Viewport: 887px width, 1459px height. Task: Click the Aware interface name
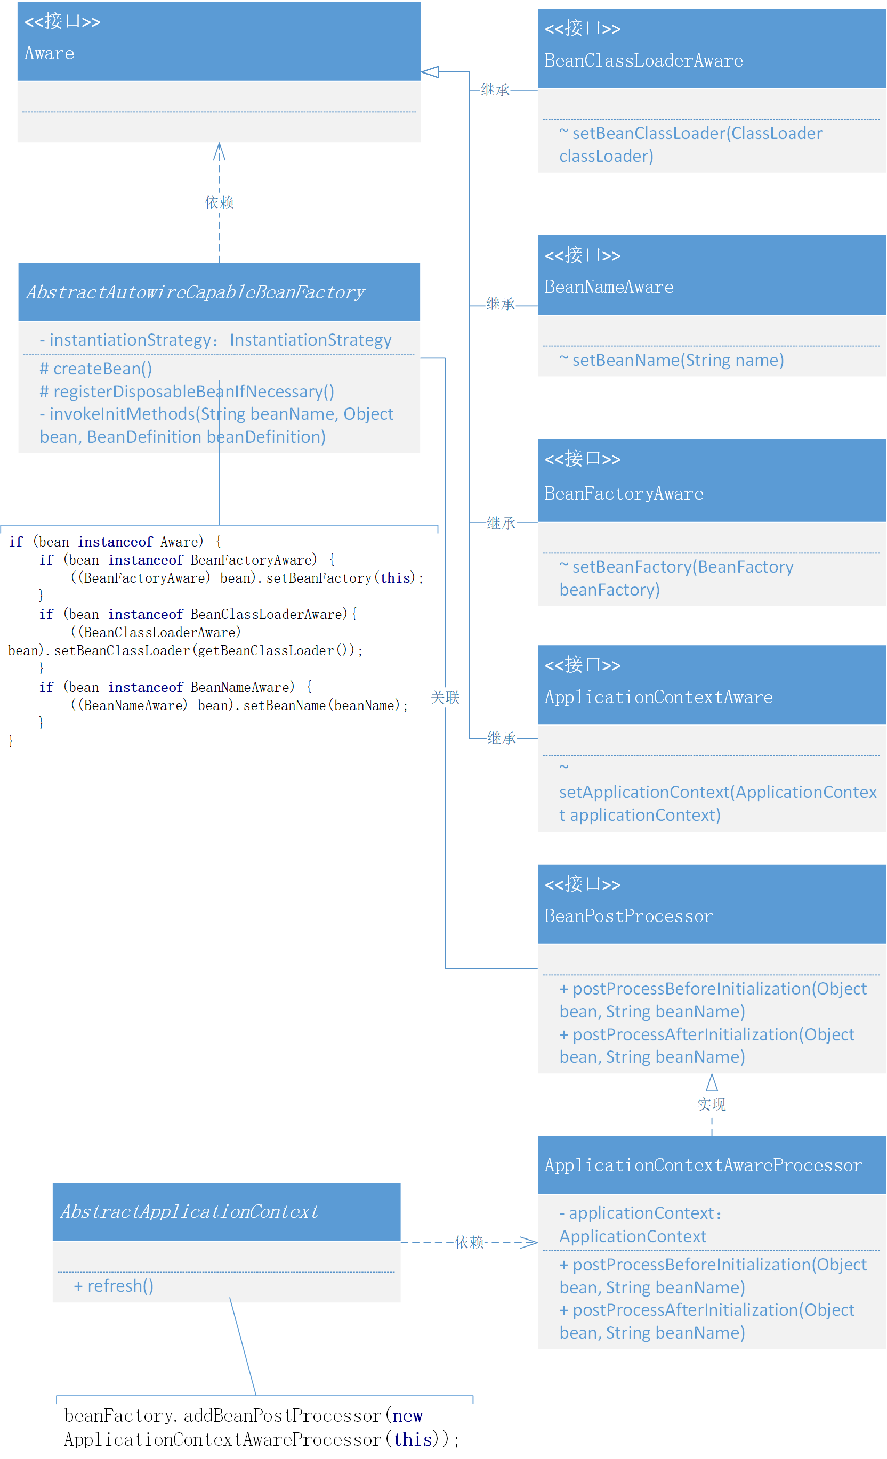[49, 53]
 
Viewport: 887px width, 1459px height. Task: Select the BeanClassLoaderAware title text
[643, 60]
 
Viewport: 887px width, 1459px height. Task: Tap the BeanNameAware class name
[609, 287]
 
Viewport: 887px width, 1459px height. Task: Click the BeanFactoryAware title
[624, 494]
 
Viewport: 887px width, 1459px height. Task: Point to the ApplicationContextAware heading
[658, 697]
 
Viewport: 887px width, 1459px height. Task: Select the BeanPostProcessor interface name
[628, 917]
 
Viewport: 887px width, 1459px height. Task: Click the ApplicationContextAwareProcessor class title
[703, 1166]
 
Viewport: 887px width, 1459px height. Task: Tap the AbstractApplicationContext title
[189, 1212]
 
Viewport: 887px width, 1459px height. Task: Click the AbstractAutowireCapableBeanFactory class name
[195, 292]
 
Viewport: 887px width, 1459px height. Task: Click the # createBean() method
[95, 369]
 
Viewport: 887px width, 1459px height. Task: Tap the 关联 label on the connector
[445, 697]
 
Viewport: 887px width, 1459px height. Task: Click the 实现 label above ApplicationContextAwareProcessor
[711, 1105]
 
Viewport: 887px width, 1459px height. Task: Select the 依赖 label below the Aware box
[219, 202]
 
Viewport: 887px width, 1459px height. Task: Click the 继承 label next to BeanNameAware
[501, 304]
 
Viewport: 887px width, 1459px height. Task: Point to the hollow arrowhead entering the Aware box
[430, 72]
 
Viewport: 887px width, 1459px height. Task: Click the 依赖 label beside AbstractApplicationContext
[469, 1243]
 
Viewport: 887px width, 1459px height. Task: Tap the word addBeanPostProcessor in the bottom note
[281, 1416]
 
